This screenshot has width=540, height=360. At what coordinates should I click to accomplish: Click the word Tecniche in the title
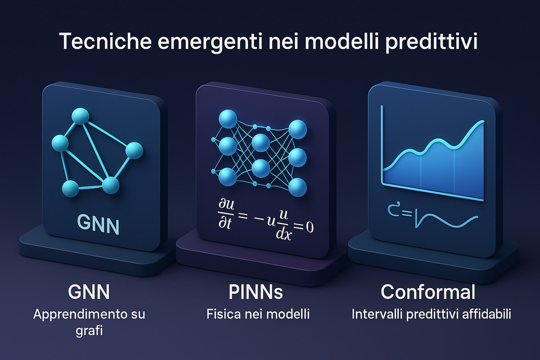click(x=105, y=41)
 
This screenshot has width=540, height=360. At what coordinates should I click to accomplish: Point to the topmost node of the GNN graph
click(x=81, y=116)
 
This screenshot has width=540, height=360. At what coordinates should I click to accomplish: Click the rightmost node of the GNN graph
click(x=134, y=150)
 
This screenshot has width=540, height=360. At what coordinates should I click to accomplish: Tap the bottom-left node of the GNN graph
click(x=70, y=189)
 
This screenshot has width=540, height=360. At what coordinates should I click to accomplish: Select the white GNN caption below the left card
click(x=89, y=292)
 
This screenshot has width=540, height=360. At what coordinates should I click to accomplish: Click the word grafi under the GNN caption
click(x=89, y=331)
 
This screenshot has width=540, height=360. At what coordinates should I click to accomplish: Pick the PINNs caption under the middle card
click(x=256, y=292)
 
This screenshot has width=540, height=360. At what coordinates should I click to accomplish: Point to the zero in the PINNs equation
click(x=310, y=227)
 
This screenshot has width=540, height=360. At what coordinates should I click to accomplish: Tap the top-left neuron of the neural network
click(x=228, y=119)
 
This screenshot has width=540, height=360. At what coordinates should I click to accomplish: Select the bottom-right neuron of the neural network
click(x=298, y=187)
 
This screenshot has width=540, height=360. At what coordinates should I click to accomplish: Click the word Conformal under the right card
click(x=428, y=292)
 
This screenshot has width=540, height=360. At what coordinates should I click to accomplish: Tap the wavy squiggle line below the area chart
click(x=446, y=220)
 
